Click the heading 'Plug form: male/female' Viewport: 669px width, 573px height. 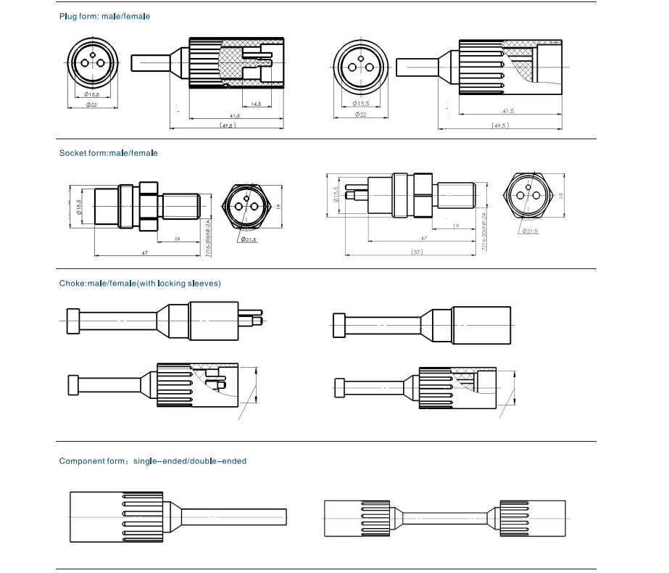coord(105,16)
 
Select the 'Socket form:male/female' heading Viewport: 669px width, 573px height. coord(108,153)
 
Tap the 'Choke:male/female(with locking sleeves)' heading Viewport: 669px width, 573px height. coord(140,283)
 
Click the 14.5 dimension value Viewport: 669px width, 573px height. coord(256,104)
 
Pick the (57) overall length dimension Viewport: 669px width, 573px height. coord(416,252)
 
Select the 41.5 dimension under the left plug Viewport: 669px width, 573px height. coord(235,115)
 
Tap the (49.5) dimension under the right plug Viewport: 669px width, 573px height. coord(499,125)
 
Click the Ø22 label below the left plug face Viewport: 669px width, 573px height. coord(92,105)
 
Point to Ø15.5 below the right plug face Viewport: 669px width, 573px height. coord(360,104)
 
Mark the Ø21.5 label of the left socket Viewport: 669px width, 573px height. coord(249,239)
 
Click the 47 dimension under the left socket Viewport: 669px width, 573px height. coord(145,252)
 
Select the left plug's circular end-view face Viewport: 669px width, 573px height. coord(92,62)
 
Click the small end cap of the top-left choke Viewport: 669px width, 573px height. coord(72,321)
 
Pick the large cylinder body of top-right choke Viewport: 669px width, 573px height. coord(482,325)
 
